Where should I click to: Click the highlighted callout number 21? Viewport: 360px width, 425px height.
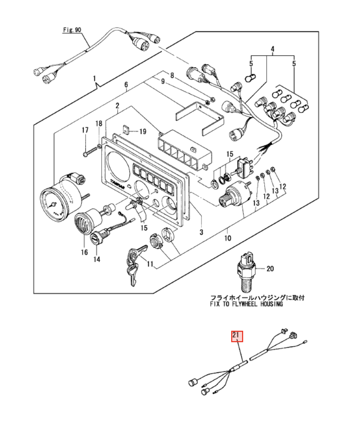pyautogui.click(x=237, y=336)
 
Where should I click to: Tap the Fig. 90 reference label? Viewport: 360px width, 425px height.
pyautogui.click(x=72, y=30)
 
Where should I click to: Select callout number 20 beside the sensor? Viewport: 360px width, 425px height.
pyautogui.click(x=270, y=269)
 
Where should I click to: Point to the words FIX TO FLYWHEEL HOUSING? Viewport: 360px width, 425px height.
pyautogui.click(x=246, y=304)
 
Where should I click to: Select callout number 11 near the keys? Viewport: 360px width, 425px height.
pyautogui.click(x=150, y=264)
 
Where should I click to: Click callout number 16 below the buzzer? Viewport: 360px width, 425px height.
pyautogui.click(x=84, y=252)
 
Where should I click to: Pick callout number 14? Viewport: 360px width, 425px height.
pyautogui.click(x=97, y=259)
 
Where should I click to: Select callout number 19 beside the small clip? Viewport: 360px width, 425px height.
pyautogui.click(x=143, y=131)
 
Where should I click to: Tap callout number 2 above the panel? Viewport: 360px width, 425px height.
pyautogui.click(x=117, y=105)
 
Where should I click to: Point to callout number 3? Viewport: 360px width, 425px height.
pyautogui.click(x=201, y=232)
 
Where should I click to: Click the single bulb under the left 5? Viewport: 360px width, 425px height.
pyautogui.click(x=250, y=79)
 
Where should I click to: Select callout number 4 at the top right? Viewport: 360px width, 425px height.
pyautogui.click(x=272, y=49)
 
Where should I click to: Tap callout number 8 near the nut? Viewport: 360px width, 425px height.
pyautogui.click(x=172, y=75)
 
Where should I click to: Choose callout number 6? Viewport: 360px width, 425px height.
pyautogui.click(x=126, y=84)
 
